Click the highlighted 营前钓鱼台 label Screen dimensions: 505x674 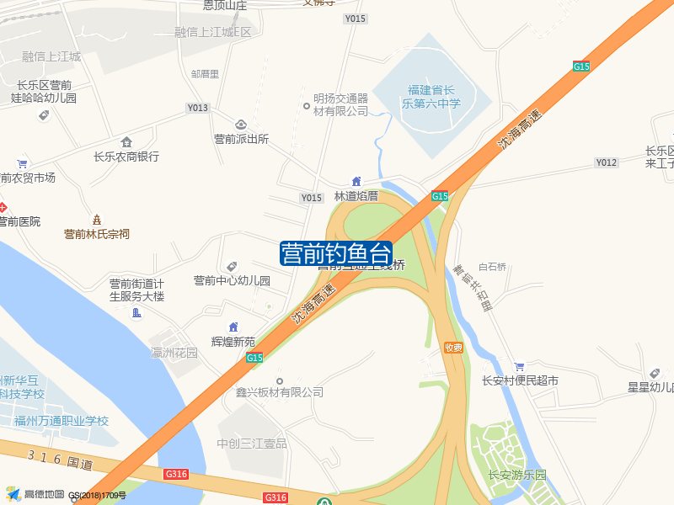point(336,253)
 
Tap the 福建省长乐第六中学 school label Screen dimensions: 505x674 point(431,97)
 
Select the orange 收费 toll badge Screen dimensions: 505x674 point(454,348)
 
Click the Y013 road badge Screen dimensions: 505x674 point(197,109)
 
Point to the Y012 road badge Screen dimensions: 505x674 point(606,162)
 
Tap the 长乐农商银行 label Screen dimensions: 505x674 point(126,157)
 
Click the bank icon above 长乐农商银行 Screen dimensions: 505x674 point(126,141)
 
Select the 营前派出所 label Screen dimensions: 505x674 point(241,140)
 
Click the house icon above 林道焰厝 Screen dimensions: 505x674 point(356,181)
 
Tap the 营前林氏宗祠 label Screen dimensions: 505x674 point(97,234)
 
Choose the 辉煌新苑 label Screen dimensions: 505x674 point(233,342)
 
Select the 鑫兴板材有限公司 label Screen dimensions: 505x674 point(280,392)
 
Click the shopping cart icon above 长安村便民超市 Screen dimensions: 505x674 point(520,366)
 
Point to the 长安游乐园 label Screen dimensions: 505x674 point(517,475)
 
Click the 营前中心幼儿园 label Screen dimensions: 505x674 point(232,281)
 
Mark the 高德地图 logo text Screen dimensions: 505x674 point(44,494)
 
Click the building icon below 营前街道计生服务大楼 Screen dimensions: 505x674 point(136,313)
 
